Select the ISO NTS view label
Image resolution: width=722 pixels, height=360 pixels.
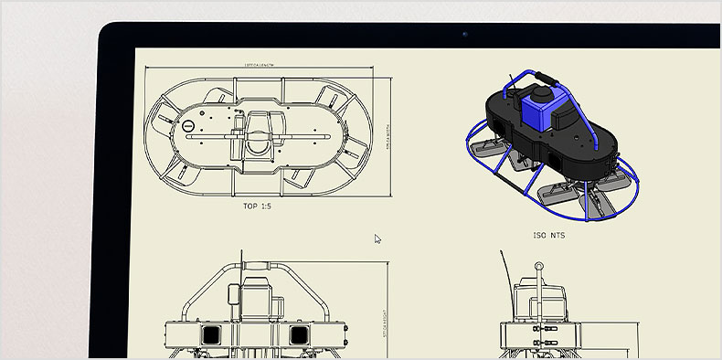[548, 235]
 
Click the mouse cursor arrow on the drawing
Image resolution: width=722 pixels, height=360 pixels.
[377, 239]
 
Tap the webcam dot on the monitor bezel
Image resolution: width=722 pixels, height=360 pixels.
[464, 35]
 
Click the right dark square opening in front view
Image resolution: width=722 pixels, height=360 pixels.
[299, 335]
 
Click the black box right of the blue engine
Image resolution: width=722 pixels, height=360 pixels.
[571, 114]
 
